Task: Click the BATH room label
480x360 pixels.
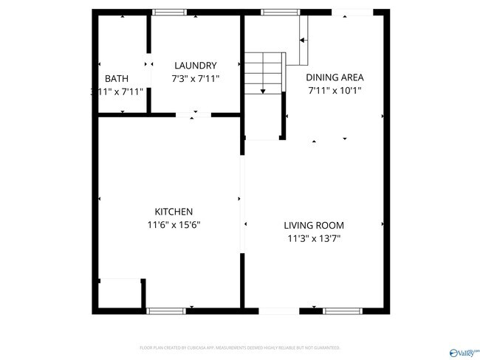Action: (116, 78)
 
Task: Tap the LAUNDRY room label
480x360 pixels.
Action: (195, 65)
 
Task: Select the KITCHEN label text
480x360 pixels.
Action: (174, 212)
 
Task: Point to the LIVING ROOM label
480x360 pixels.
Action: (314, 225)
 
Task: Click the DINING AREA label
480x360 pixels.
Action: (335, 77)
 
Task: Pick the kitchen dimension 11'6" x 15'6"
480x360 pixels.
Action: (174, 225)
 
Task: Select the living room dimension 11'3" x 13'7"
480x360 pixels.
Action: (314, 238)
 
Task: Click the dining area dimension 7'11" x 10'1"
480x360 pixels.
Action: (335, 90)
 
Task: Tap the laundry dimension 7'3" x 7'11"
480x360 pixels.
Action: (195, 78)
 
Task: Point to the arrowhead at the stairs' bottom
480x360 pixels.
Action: (264, 90)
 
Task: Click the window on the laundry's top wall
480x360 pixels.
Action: (169, 13)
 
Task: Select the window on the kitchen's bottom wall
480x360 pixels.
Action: (166, 311)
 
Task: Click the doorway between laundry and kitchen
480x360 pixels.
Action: (193, 114)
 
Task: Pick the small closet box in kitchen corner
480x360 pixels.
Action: (120, 293)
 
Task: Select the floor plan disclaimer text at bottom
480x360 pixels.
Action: (239, 347)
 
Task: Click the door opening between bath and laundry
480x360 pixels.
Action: (148, 64)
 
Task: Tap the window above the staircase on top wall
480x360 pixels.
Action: (275, 13)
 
